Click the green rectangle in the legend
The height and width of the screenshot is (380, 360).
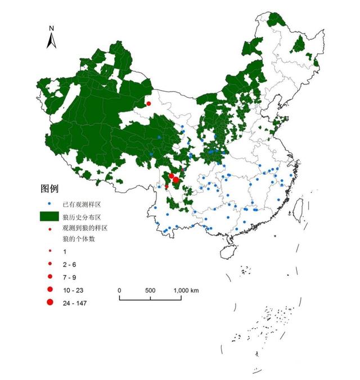(49, 215)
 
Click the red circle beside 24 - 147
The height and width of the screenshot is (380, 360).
(49, 303)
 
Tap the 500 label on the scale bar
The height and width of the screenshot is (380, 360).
(150, 290)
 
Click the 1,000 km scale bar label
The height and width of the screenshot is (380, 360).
(186, 290)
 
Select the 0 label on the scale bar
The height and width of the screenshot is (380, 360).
(120, 290)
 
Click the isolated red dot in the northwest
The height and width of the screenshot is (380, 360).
(148, 103)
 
